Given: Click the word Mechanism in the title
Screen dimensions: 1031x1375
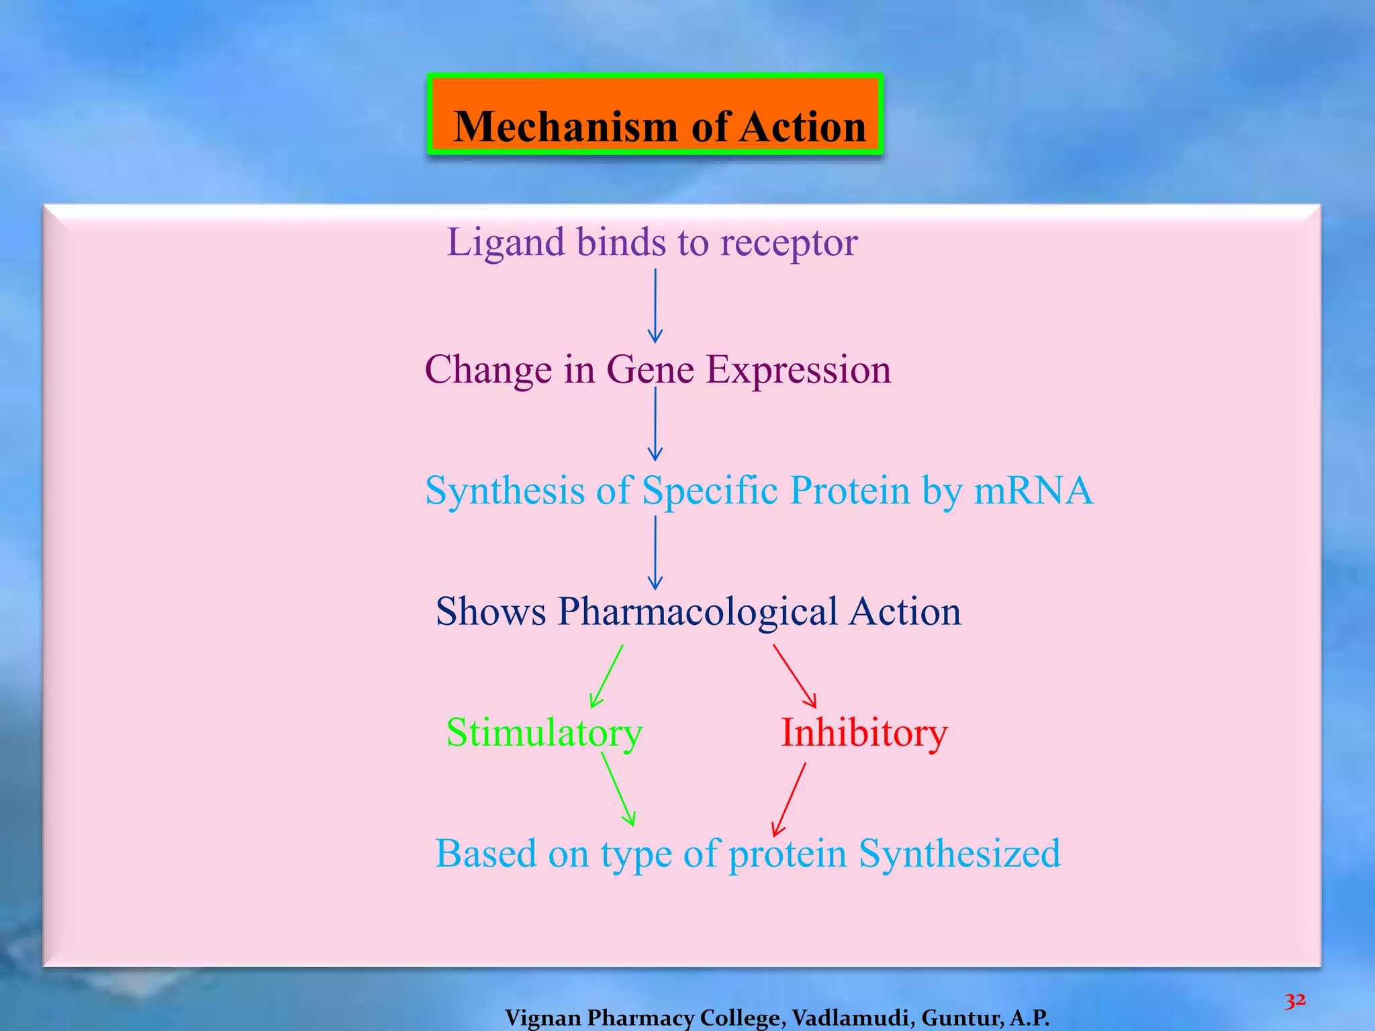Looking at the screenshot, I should pyautogui.click(x=566, y=127).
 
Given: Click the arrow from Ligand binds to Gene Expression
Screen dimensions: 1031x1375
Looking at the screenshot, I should pyautogui.click(x=655, y=305).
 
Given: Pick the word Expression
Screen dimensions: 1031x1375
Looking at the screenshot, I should pyautogui.click(x=799, y=371).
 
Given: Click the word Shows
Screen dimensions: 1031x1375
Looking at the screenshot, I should pyautogui.click(x=491, y=612).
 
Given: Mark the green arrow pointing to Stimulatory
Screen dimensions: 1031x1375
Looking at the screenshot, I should pyautogui.click(x=606, y=677).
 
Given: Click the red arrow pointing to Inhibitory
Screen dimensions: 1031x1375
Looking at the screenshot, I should pyautogui.click(x=795, y=677).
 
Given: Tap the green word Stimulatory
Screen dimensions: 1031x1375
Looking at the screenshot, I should pyautogui.click(x=544, y=733).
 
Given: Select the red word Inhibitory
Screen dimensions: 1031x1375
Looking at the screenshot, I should pyautogui.click(x=864, y=733).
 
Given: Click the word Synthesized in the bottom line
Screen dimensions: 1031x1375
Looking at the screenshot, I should pyautogui.click(x=960, y=854).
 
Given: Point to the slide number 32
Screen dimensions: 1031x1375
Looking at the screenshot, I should pyautogui.click(x=1295, y=1001).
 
